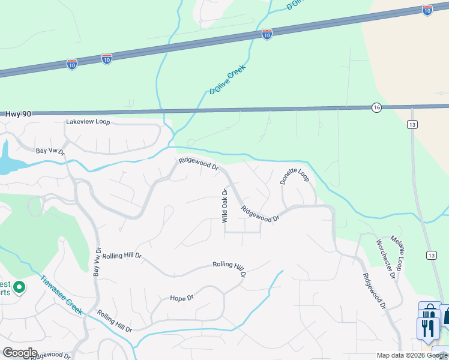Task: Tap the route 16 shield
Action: (376, 107)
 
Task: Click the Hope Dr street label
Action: (182, 298)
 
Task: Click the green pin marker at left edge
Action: (19, 288)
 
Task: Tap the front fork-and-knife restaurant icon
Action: (427, 328)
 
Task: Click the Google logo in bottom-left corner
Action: (20, 353)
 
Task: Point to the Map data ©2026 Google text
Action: (412, 355)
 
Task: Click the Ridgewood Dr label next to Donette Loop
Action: (261, 214)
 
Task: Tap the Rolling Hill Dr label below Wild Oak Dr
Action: (230, 269)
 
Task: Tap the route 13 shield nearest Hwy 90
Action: (412, 124)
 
